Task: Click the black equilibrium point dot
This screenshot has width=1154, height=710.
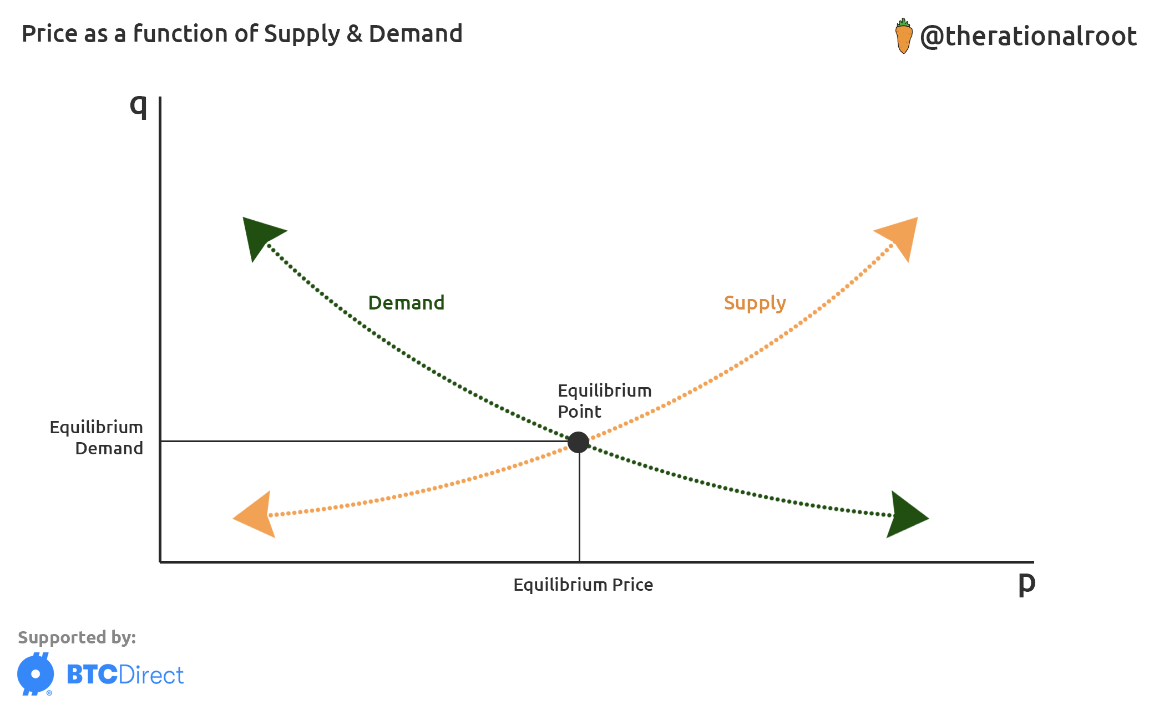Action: tap(578, 442)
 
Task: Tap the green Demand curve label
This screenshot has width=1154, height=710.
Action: tap(406, 303)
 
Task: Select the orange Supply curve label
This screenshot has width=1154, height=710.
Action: tap(755, 303)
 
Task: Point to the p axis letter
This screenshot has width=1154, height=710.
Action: tap(1026, 583)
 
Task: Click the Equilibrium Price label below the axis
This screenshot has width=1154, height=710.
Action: tap(583, 585)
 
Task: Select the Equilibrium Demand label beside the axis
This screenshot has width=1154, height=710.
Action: tap(97, 438)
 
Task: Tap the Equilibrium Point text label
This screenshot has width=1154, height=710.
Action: tap(604, 400)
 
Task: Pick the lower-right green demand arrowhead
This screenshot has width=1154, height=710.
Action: tap(904, 516)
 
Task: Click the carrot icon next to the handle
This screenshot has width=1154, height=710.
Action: tap(904, 35)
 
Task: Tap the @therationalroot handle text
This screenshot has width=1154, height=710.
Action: tap(1028, 36)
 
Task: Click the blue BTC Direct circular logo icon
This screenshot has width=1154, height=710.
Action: tap(36, 674)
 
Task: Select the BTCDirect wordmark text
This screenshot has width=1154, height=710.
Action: tap(125, 675)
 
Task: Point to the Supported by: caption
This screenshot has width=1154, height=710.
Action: tap(77, 637)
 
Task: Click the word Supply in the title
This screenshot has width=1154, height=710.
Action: tap(301, 34)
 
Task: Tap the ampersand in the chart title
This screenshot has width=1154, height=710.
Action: tap(354, 34)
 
